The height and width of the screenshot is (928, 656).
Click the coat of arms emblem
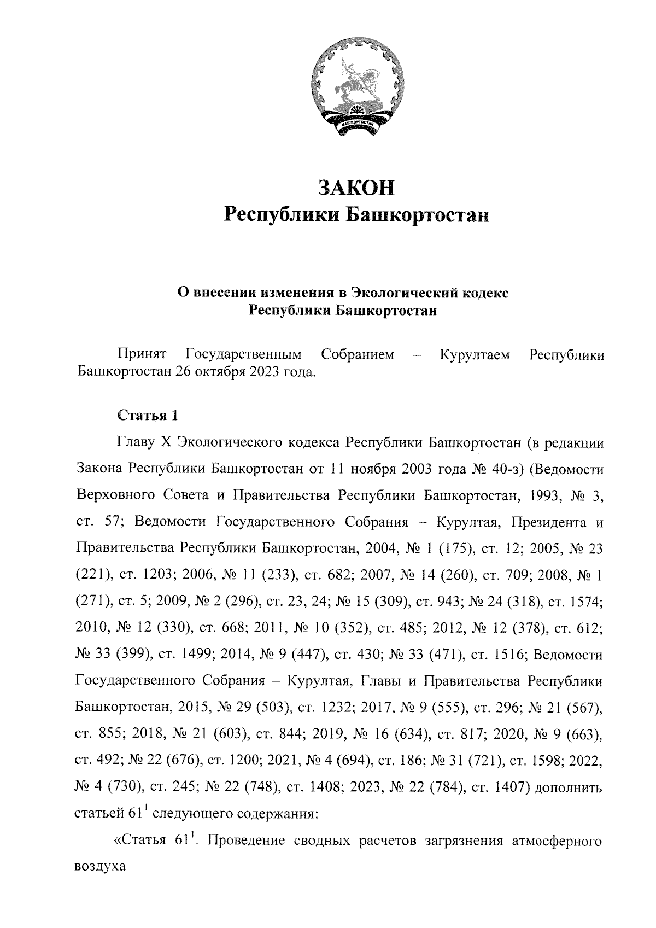click(359, 86)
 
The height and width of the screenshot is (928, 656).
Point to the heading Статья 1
click(148, 415)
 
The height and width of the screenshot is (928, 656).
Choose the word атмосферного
click(556, 841)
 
